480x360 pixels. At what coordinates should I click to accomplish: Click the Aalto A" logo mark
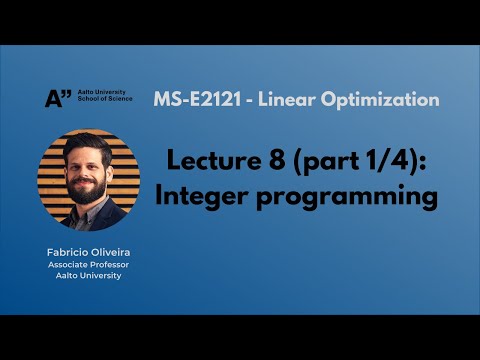click(x=59, y=97)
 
